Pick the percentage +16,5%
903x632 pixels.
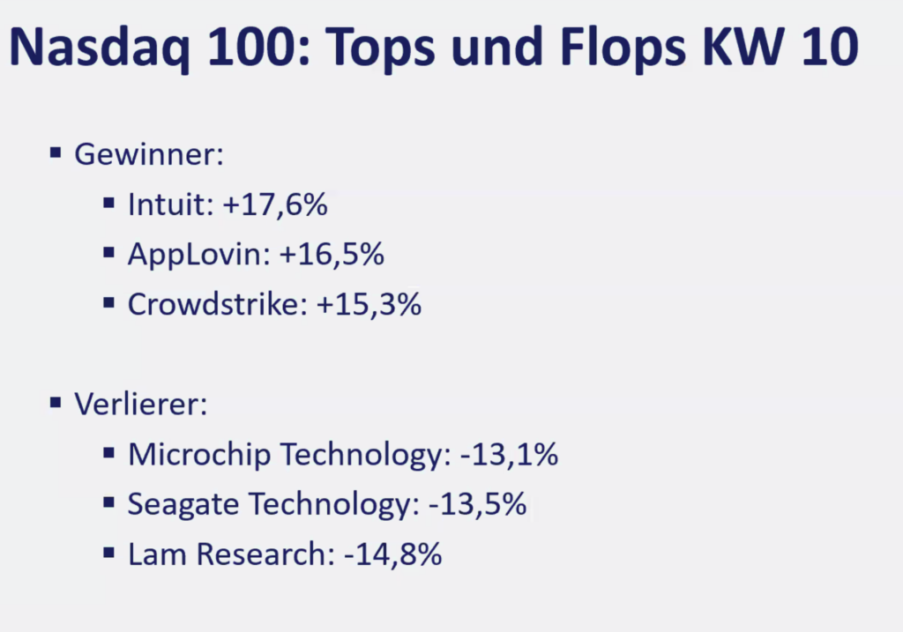(x=332, y=255)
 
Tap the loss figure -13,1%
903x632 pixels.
(x=509, y=455)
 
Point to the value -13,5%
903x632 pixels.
(x=477, y=505)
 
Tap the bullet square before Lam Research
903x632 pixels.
(x=108, y=553)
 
